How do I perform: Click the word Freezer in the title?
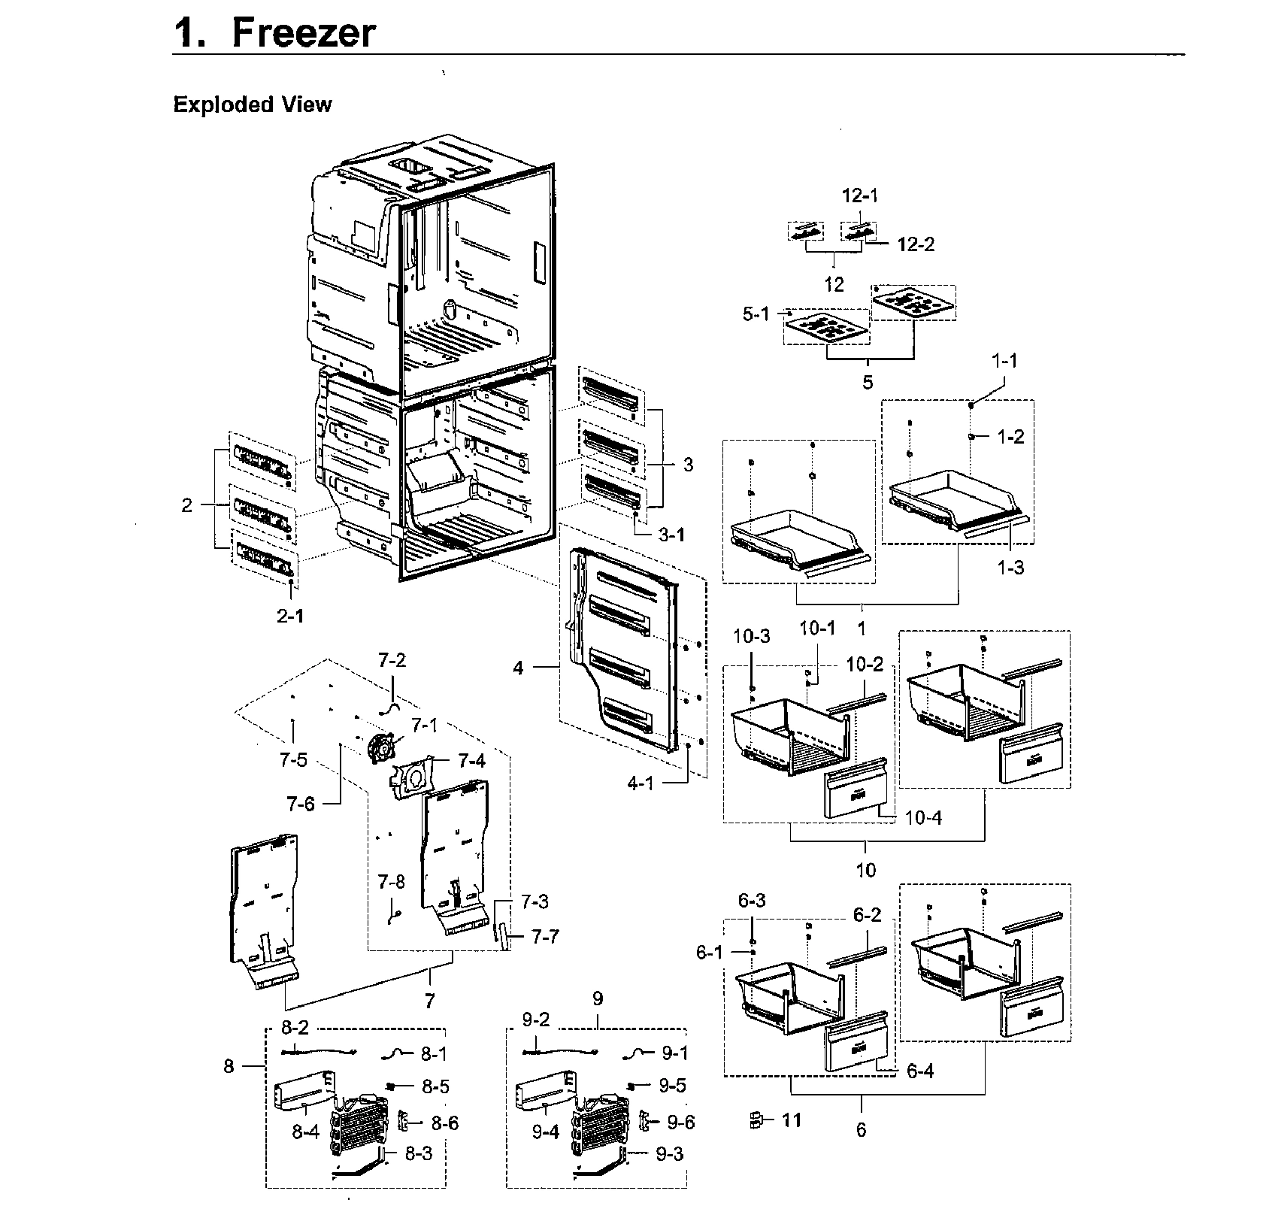coord(303,33)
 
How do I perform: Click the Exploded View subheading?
coord(252,105)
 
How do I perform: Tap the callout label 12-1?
coord(859,195)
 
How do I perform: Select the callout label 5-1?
coord(756,314)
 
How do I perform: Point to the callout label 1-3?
coord(1010,568)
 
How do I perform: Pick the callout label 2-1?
coord(290,617)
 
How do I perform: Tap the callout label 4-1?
coord(641,784)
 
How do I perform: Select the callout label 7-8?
coord(391,882)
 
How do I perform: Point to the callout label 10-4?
coord(924,817)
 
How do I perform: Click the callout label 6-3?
coord(750,901)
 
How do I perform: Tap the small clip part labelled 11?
coord(758,1121)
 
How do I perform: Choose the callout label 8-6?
coord(444,1123)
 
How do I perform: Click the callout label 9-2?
coord(536,1020)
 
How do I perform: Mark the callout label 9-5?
coord(673,1085)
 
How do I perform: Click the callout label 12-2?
coord(916,244)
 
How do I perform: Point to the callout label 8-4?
coord(306,1131)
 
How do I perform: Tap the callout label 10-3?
coord(752,638)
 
